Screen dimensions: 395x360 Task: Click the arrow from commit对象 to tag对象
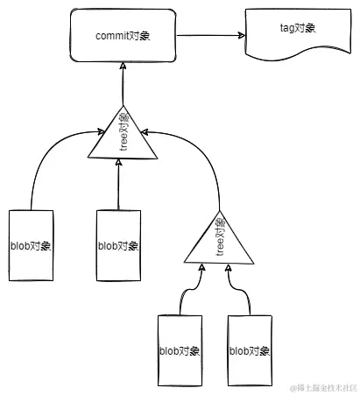[x=210, y=36]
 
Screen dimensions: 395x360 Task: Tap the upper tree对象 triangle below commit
[x=122, y=138]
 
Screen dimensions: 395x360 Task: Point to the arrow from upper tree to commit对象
[x=123, y=88]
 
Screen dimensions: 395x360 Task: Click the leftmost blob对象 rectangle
[x=31, y=245]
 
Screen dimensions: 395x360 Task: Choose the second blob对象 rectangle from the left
[x=117, y=245]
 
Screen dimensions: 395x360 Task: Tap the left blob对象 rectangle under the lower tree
[x=180, y=350]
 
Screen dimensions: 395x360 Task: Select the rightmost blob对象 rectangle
[x=251, y=350]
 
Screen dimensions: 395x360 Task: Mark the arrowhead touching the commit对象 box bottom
[x=123, y=69]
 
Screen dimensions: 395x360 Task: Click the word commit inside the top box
[x=111, y=35]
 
